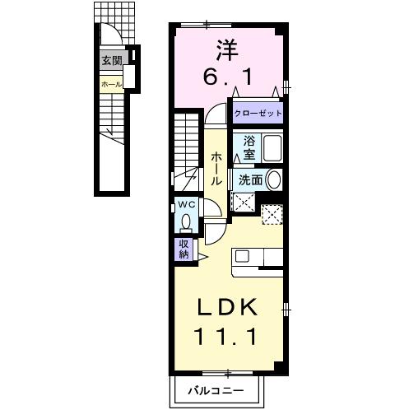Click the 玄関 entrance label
click(x=112, y=60)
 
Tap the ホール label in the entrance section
click(x=111, y=85)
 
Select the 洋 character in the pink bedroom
click(x=227, y=51)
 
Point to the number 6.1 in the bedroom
click(x=227, y=77)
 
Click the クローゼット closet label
click(x=258, y=113)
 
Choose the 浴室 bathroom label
click(x=249, y=148)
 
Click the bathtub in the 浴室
click(x=272, y=148)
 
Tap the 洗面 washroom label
click(x=250, y=180)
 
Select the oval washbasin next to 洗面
click(x=274, y=180)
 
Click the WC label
click(x=187, y=204)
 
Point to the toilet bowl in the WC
click(x=187, y=222)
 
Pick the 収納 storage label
click(x=184, y=249)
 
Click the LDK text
click(x=227, y=307)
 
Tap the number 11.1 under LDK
click(x=225, y=337)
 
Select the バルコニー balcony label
click(x=216, y=390)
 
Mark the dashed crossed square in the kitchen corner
click(x=272, y=215)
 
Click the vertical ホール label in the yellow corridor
click(x=216, y=169)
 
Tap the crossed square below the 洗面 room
click(x=244, y=203)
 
